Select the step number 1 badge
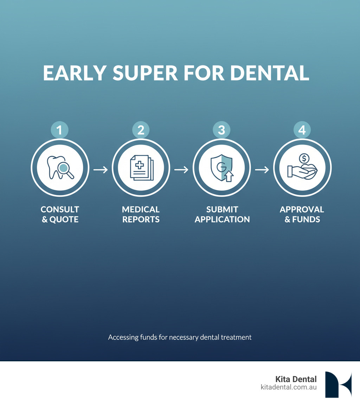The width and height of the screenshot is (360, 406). coord(60,130)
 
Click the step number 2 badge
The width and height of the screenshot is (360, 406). coord(141,130)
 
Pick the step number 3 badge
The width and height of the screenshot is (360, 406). coord(221,130)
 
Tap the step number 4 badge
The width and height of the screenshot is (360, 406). coord(302,130)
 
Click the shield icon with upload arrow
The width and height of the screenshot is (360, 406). coord(221,168)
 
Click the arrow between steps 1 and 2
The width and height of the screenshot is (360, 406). coord(101,170)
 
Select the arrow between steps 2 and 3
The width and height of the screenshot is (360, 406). coord(181,170)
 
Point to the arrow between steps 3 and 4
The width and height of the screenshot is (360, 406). coord(262,170)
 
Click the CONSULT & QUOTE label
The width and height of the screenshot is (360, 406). coord(60,214)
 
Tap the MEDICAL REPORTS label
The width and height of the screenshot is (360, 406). coord(141,214)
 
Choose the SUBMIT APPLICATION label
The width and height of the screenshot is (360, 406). coord(222,214)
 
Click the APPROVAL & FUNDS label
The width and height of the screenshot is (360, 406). coord(302,214)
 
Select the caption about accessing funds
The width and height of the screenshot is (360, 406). coord(180,337)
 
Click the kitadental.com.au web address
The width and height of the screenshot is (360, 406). coord(289,387)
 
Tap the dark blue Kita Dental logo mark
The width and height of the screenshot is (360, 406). coord(338,384)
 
